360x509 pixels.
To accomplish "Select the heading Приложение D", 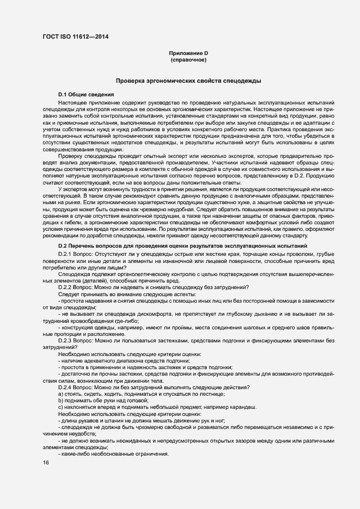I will [188, 53].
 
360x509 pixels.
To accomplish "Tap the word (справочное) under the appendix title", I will [188, 59].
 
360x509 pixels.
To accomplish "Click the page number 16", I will [45, 463].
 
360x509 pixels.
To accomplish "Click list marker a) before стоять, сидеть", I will [60, 394].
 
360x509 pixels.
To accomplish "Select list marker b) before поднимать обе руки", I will [60, 400].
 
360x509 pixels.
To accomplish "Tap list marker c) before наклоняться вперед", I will [60, 407].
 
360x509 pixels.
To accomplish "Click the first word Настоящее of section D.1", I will [74, 102].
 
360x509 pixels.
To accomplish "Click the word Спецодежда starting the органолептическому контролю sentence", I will [74, 274].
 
